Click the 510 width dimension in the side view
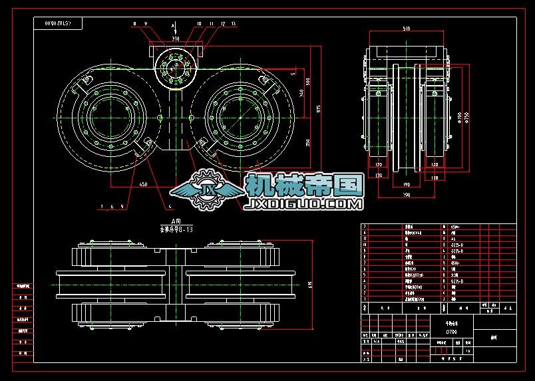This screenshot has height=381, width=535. pos(406,29)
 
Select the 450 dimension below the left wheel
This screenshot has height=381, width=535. pos(143,184)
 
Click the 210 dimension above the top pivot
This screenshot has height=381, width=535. pos(176,39)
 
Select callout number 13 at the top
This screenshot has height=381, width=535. pos(233,24)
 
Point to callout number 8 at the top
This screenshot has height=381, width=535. pos(134,24)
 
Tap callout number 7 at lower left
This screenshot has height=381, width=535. pos(102,207)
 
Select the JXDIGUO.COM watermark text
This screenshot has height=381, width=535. pos(304,205)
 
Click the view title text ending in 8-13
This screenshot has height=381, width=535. pos(176,228)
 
